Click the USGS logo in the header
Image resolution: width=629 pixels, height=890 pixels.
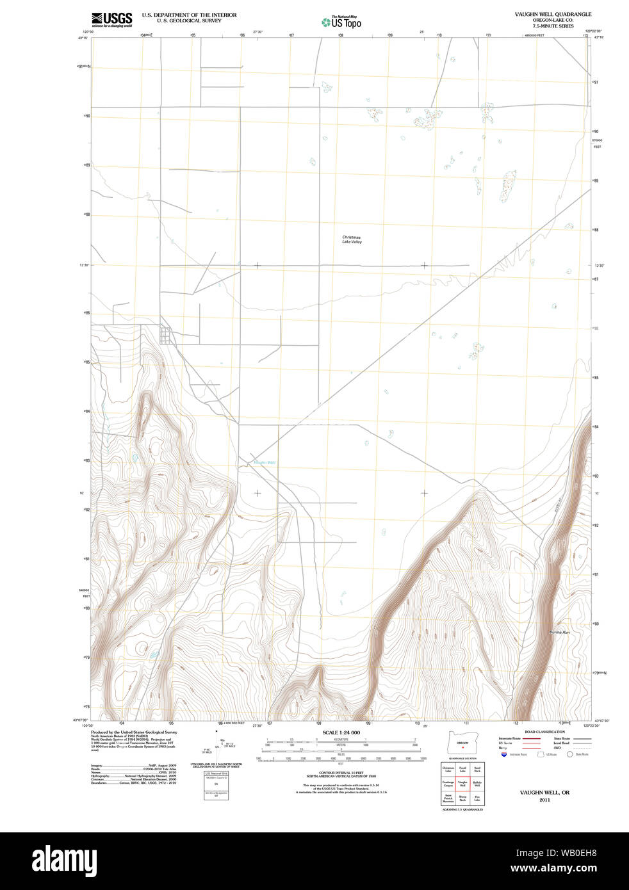click(111, 20)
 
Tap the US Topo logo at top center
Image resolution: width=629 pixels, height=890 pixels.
click(341, 22)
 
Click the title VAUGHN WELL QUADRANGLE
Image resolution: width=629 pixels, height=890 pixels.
click(553, 14)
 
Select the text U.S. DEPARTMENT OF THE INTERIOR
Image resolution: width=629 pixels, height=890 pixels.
click(189, 15)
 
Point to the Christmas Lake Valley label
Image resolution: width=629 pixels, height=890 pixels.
click(351, 239)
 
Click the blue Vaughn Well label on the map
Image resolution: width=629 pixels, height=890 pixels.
click(265, 462)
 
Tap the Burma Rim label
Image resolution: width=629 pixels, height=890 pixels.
click(559, 632)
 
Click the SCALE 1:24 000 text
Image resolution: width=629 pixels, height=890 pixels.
click(341, 732)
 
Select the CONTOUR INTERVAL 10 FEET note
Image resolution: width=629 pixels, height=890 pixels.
click(341, 773)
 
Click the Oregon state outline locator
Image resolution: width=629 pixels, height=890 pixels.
click(462, 743)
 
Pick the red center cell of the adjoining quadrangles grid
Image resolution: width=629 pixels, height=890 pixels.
click(462, 784)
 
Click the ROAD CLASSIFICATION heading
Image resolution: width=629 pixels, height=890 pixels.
click(544, 731)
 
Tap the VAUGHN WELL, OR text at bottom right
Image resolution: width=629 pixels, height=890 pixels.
click(544, 792)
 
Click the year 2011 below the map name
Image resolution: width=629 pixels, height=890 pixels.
click(544, 800)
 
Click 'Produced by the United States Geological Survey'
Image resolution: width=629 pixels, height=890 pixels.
click(134, 732)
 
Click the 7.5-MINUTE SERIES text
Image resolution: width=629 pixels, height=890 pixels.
click(553, 26)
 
